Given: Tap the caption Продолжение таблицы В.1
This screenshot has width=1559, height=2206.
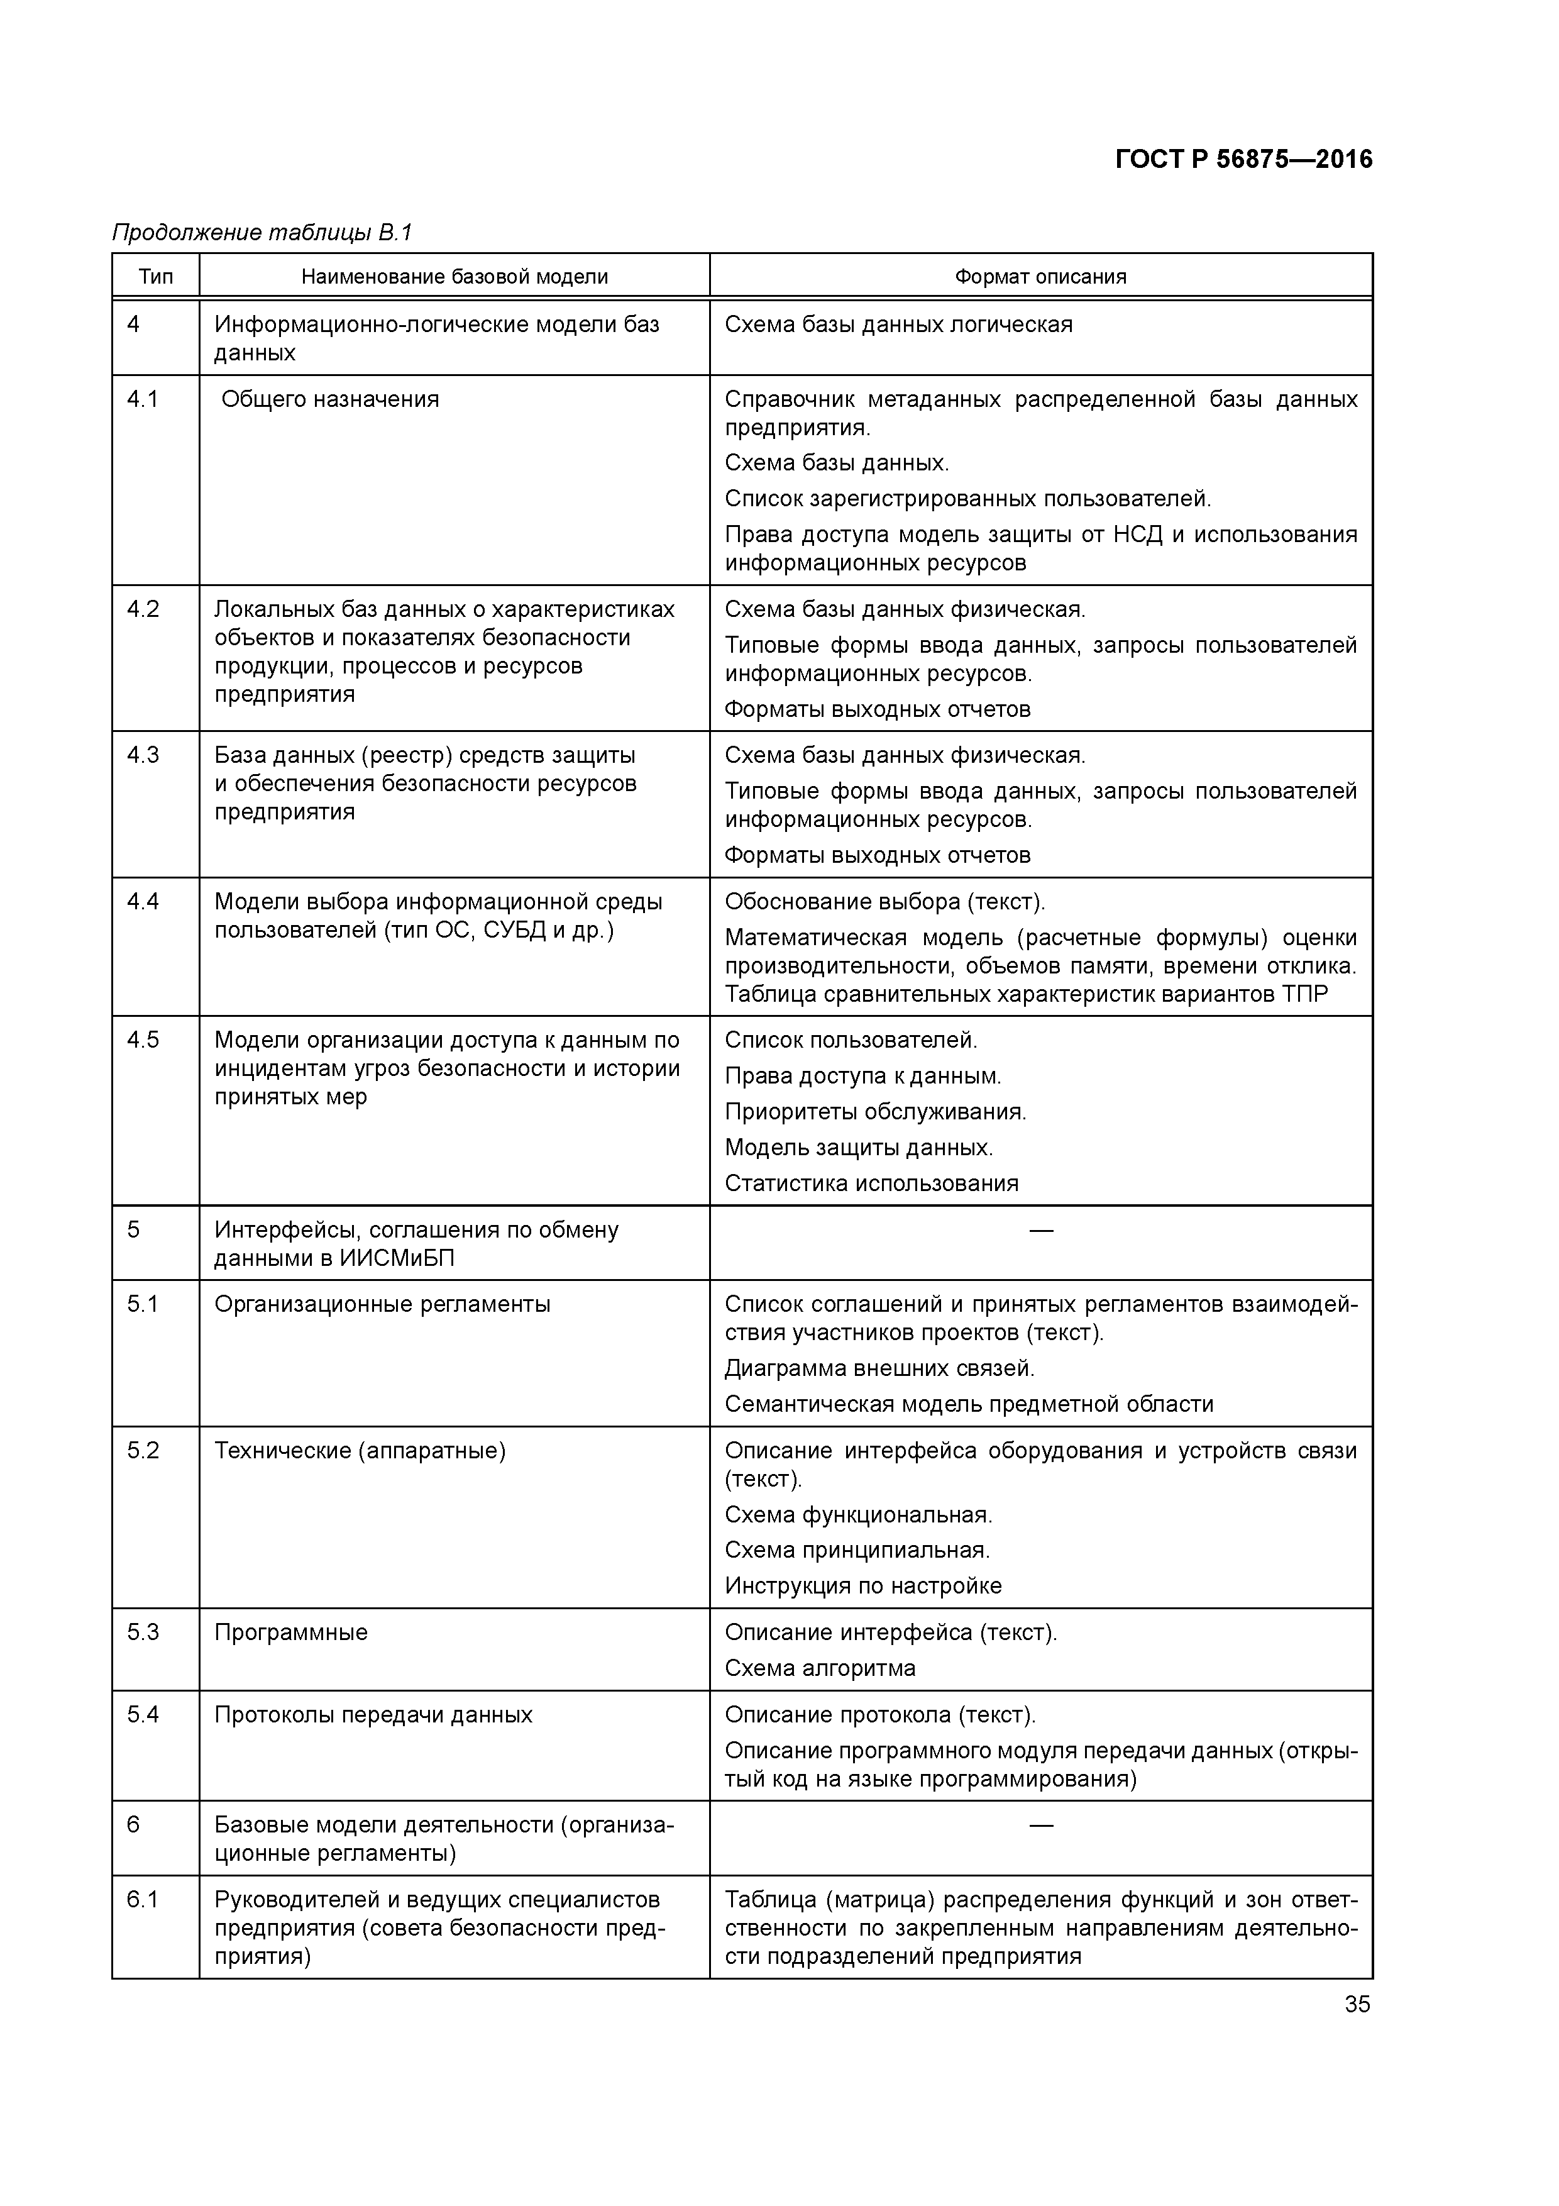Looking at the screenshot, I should (x=262, y=233).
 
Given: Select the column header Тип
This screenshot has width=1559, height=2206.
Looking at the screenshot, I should (x=156, y=277).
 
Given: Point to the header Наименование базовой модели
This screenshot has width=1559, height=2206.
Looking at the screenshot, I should (x=454, y=277).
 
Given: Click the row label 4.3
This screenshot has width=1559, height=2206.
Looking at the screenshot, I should (x=143, y=755).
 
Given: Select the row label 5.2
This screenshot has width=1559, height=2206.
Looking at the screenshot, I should (x=143, y=1450).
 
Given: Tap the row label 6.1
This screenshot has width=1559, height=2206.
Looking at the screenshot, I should (x=143, y=1900).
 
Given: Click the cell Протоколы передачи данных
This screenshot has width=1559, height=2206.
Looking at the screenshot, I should (x=373, y=1715).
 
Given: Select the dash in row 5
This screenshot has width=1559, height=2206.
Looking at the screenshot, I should (x=1040, y=1230).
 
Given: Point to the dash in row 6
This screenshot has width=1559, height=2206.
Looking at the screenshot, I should (x=1040, y=1824).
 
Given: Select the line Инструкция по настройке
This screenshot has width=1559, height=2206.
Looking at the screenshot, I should (x=862, y=1585).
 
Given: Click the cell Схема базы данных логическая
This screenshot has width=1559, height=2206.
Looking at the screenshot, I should (x=898, y=324).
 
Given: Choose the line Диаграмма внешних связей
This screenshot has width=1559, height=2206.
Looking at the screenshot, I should (x=879, y=1368).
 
